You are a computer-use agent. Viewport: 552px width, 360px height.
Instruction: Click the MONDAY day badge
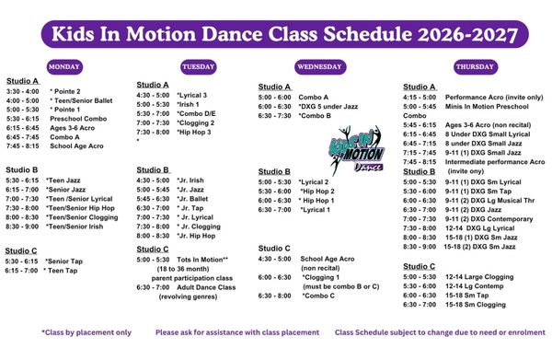64,67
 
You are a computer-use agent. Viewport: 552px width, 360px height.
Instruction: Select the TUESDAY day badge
198,67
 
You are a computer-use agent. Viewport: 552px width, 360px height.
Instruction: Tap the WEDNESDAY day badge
320,67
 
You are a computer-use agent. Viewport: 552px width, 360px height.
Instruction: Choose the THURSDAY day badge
476,67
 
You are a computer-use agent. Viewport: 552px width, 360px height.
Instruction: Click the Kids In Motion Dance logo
355,151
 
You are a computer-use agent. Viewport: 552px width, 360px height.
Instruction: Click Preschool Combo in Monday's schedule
78,119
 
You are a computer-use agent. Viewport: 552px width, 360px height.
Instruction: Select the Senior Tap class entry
63,261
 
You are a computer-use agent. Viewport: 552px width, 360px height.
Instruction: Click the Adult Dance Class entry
206,287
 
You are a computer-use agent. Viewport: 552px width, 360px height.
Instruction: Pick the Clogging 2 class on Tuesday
196,123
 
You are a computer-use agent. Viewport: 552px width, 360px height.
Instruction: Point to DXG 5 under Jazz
328,107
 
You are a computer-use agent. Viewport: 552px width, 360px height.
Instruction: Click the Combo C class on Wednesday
318,296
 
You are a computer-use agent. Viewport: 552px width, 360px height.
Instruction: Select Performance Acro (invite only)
494,98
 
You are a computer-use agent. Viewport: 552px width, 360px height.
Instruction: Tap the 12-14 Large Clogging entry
479,277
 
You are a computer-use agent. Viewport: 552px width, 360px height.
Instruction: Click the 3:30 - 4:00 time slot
22,91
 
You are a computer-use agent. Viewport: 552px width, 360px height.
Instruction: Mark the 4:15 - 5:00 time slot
420,98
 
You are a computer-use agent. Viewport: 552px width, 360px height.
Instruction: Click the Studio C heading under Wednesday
274,249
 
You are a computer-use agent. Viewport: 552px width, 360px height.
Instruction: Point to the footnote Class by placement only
86,332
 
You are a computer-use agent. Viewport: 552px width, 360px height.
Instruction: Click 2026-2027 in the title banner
468,34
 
